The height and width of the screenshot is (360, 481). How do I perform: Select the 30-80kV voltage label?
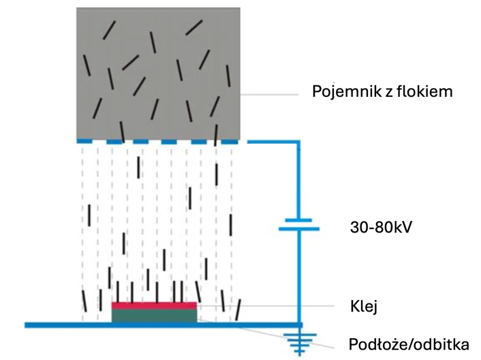pos(381,228)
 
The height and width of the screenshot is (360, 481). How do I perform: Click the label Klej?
pos(364,307)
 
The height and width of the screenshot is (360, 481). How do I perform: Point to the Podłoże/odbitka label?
pos(409,344)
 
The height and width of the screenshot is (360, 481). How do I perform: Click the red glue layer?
pos(154,305)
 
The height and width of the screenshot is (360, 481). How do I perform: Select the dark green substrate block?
pos(154,316)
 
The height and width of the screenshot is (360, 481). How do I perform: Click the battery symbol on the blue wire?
pos(299,224)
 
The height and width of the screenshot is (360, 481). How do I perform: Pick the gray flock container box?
pos(158,74)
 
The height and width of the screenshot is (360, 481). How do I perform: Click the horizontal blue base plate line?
pos(164,325)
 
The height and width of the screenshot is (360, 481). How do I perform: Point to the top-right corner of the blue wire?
pos(298,142)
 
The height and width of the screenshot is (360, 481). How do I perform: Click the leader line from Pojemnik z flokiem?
pos(269,95)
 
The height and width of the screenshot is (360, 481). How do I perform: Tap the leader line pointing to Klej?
pos(265,305)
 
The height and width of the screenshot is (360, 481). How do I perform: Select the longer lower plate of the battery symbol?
pos(299,229)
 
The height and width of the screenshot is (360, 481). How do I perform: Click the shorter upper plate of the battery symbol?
pos(298,220)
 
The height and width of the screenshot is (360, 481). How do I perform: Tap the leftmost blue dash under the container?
pos(84,141)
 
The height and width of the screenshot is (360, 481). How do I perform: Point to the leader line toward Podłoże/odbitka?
pos(265,334)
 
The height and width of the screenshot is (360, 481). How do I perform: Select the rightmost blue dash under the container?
pos(230,142)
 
